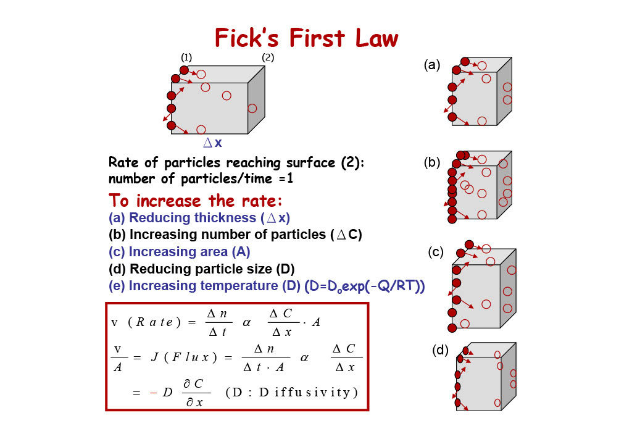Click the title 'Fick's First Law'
[x=306, y=38]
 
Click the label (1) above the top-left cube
[x=186, y=57]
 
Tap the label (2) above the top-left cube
[x=268, y=57]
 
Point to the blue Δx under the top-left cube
[x=212, y=143]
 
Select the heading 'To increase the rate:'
[x=196, y=201]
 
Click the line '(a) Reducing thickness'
[x=199, y=218]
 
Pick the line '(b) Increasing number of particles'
[x=235, y=235]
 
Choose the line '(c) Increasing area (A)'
[x=180, y=252]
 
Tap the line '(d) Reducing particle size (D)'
[x=202, y=269]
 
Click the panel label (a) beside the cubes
[x=432, y=64]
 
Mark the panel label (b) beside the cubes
[x=431, y=163]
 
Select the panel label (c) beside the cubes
[x=436, y=252]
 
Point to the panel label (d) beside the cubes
[x=439, y=351]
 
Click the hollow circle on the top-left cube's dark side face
[x=252, y=109]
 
